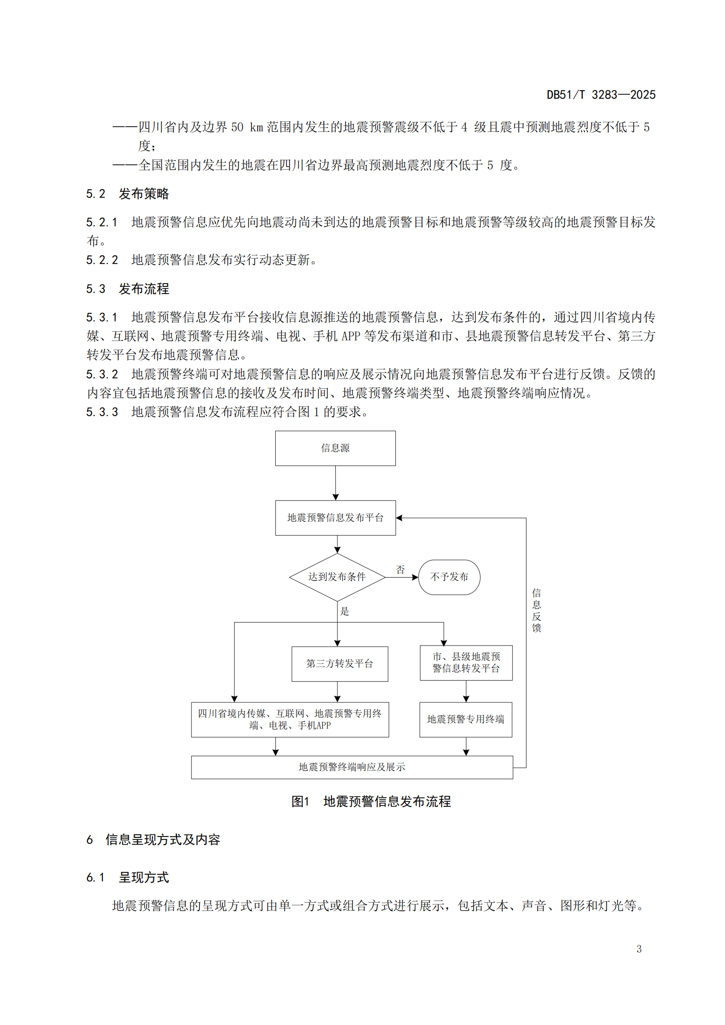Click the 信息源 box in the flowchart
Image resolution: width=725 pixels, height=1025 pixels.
tap(335, 448)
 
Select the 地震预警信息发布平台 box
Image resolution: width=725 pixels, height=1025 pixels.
tap(335, 518)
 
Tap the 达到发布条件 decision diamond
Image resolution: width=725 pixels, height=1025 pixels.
tap(337, 577)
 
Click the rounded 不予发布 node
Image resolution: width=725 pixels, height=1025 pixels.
tap(449, 577)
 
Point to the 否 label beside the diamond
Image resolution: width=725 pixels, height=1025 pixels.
tap(401, 570)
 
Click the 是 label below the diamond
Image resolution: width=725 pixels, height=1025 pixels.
tap(345, 611)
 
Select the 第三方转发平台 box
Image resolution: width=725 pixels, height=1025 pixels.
tap(340, 664)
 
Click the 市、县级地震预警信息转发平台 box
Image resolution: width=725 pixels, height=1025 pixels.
tap(466, 663)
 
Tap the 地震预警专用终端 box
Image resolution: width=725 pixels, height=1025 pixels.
tap(466, 719)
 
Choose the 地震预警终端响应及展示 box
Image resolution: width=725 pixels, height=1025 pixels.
tap(352, 767)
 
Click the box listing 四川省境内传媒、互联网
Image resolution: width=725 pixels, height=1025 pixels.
tap(290, 719)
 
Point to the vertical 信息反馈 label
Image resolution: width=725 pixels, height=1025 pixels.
tap(537, 610)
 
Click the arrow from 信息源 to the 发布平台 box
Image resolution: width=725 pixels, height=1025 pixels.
tap(336, 483)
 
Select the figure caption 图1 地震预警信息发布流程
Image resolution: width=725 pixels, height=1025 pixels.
tap(371, 802)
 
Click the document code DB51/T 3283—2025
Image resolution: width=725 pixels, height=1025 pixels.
tap(601, 95)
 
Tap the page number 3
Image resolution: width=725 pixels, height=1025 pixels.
tap(639, 949)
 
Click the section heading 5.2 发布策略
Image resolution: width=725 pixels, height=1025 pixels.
tap(128, 194)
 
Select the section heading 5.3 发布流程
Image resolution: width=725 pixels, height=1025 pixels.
tap(128, 289)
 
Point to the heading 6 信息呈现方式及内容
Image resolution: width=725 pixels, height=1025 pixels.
tap(153, 840)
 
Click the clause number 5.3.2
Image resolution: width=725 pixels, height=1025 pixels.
tap(102, 374)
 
